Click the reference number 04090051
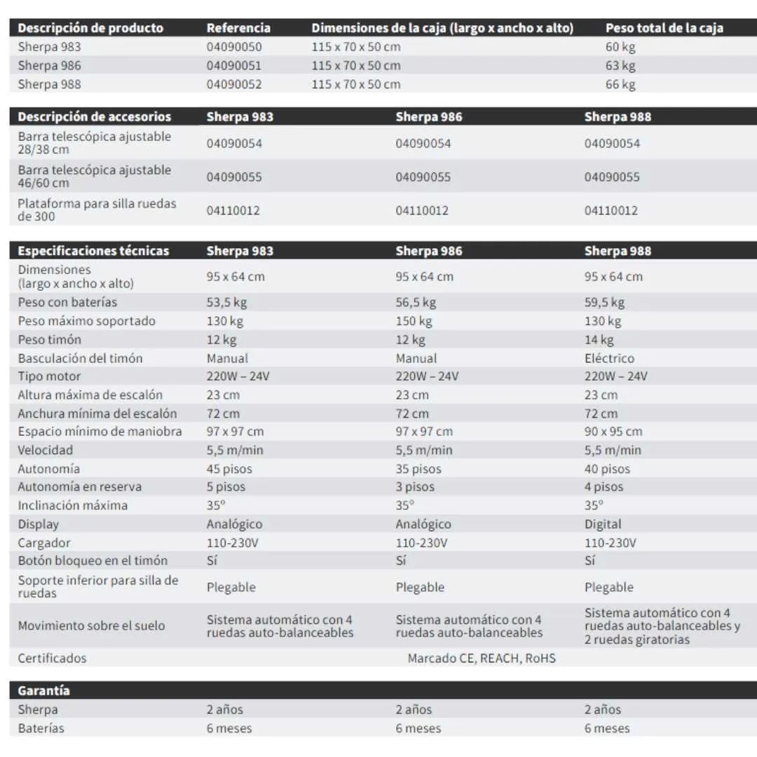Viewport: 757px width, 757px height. tap(233, 66)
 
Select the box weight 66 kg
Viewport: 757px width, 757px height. tap(620, 84)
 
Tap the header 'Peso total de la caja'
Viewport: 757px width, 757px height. tap(664, 28)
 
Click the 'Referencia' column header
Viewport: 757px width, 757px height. tap(238, 28)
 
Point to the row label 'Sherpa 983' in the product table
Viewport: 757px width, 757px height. tap(49, 47)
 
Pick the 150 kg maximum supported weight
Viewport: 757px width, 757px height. tap(414, 321)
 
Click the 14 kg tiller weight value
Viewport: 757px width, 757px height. tap(599, 340)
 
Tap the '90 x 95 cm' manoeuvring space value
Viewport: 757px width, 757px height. tap(613, 432)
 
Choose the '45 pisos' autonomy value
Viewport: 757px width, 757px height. tap(229, 469)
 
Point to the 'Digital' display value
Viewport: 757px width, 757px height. tap(603, 524)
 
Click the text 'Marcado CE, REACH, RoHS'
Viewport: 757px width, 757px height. tap(482, 658)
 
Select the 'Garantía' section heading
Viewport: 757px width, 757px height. tap(43, 690)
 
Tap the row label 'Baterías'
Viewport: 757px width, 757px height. tap(41, 728)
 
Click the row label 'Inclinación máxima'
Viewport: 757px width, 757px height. tap(73, 505)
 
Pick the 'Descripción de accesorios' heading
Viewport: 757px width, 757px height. tap(94, 116)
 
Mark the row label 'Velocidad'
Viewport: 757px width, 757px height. tap(46, 450)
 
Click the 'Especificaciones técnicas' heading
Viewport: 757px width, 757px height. tap(93, 251)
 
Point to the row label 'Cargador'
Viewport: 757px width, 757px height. tap(44, 543)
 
